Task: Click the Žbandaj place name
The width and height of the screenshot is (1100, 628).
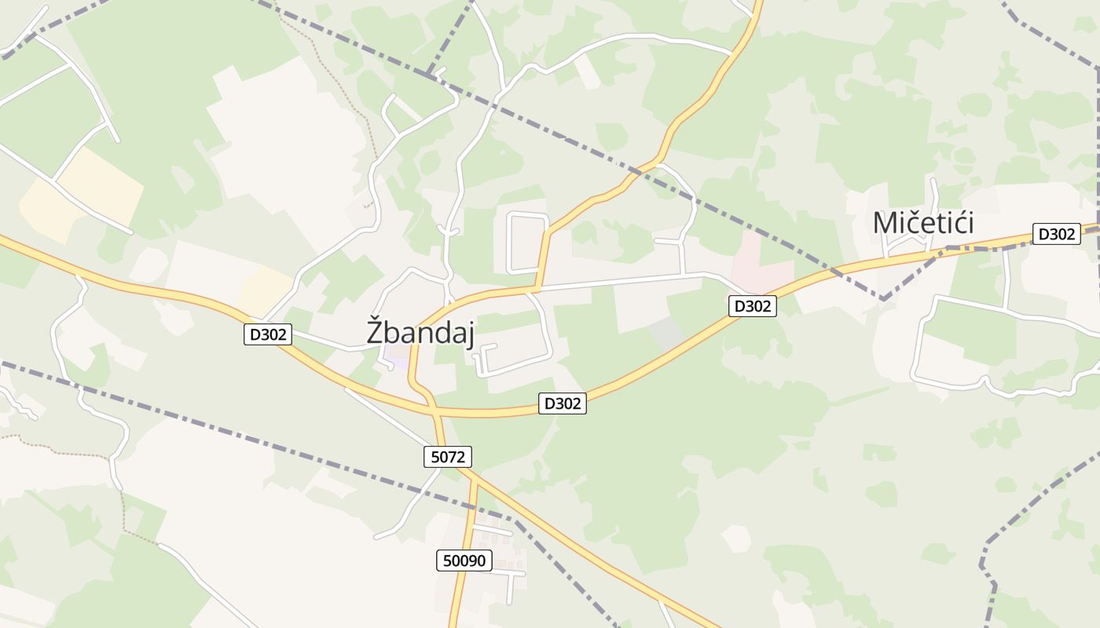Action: (420, 331)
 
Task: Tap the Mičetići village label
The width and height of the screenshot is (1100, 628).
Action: (923, 223)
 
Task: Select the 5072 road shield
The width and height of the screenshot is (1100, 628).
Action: (448, 457)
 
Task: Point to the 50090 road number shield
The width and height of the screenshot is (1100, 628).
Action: (464, 560)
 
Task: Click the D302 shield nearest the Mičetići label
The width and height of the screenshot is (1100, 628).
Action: (1056, 234)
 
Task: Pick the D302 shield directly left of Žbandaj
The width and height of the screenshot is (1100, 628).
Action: (268, 334)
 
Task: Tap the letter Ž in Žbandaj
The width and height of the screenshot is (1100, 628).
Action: (376, 330)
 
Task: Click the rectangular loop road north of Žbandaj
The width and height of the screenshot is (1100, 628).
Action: (527, 243)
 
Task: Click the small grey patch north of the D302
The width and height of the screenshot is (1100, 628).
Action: (666, 334)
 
